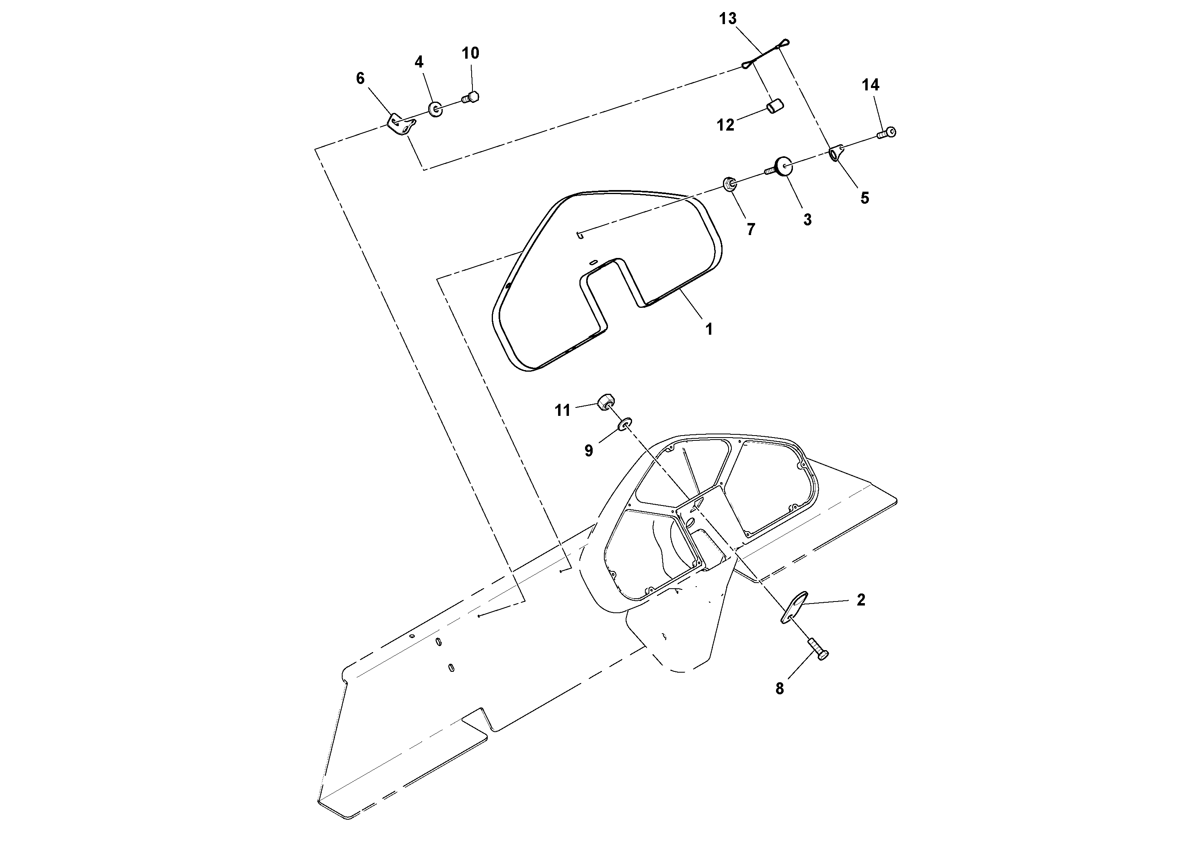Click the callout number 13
728,19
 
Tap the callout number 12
725,125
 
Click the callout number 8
779,689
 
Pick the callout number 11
562,411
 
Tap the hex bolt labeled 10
471,97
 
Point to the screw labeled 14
886,133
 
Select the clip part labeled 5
836,153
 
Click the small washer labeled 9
624,425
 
